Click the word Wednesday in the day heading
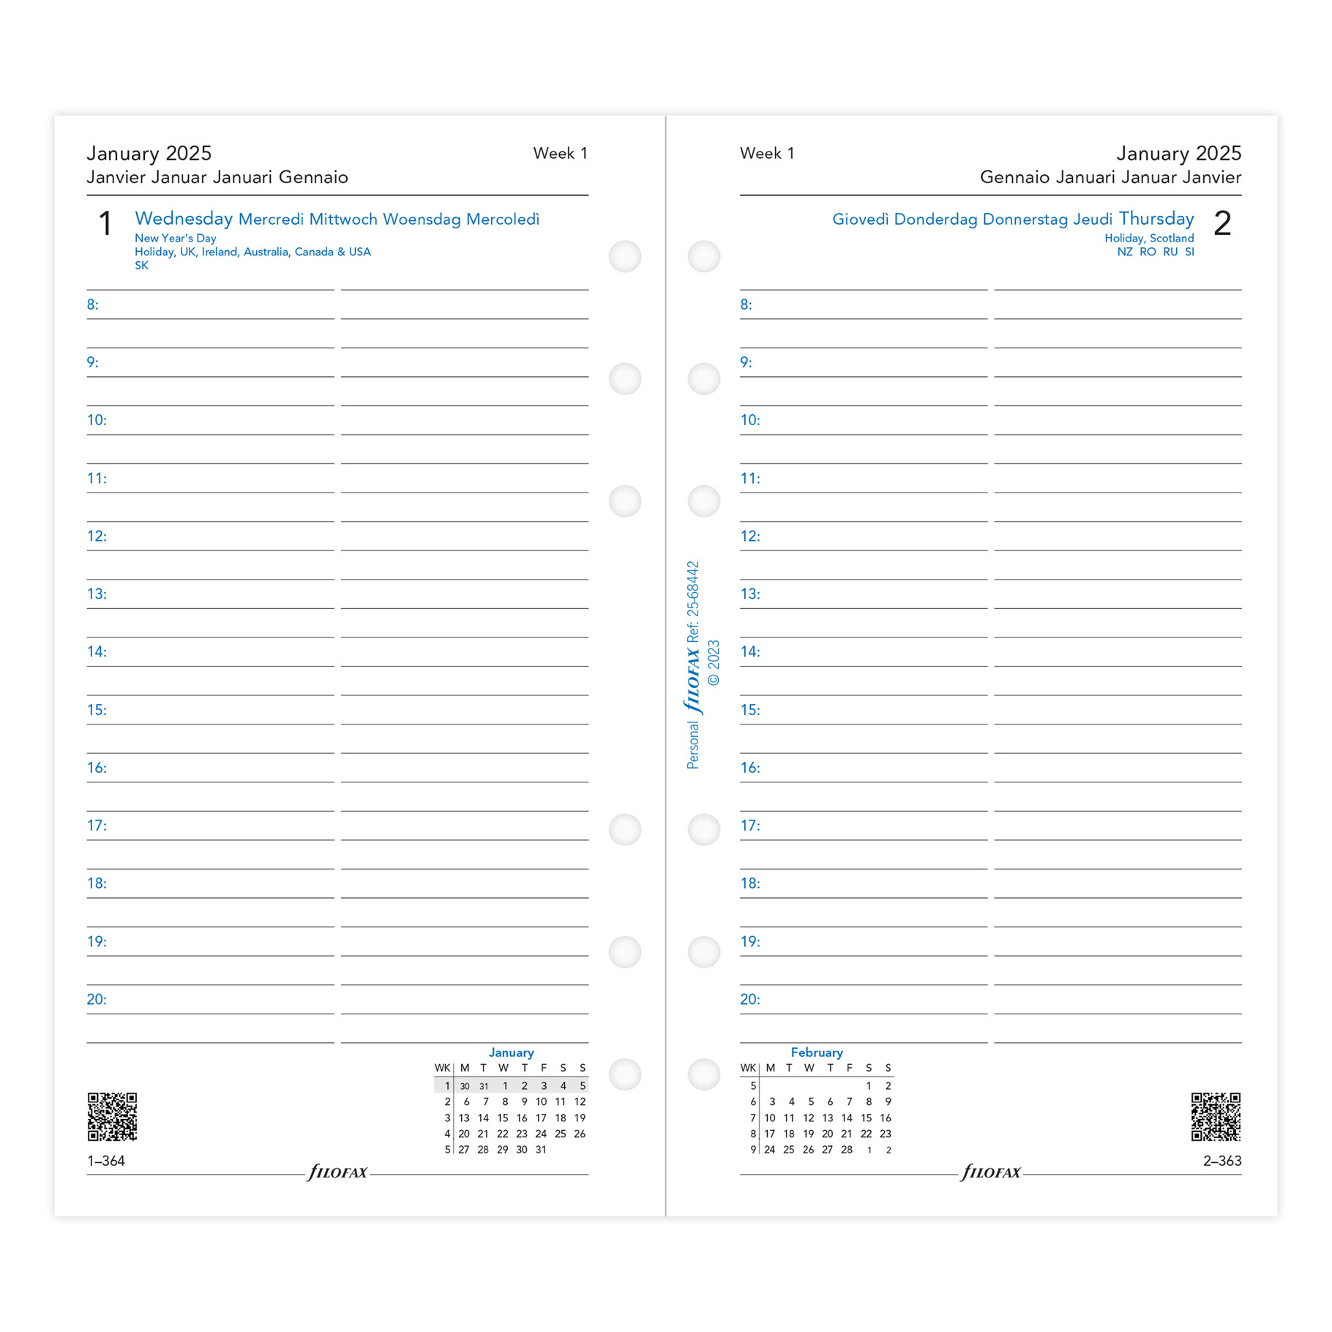(184, 219)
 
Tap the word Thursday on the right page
(1156, 219)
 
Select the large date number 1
(105, 223)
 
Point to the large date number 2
(1222, 223)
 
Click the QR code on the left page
(113, 1117)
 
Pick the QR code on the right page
(1216, 1117)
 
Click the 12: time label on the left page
(97, 536)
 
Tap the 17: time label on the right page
(750, 826)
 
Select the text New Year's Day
(176, 239)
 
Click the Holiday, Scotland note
(1149, 239)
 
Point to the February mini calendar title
(817, 1052)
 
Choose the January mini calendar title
(511, 1052)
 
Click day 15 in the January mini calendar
(503, 1118)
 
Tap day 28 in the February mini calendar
(847, 1150)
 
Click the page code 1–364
(106, 1161)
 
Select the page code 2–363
(1222, 1161)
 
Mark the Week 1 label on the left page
(560, 154)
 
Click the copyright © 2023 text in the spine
(714, 663)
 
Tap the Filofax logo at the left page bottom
(337, 1172)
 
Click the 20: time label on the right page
(750, 1000)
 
